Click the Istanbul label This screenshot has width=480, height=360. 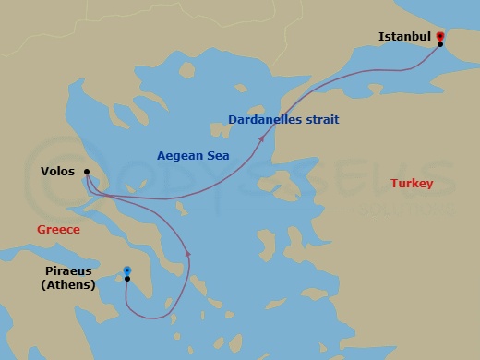(404, 37)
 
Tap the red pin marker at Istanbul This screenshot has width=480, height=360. (439, 36)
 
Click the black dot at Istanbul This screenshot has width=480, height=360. (440, 44)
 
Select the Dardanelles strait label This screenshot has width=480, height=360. (283, 119)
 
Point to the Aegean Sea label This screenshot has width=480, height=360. (193, 155)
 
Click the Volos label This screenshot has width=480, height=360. (58, 171)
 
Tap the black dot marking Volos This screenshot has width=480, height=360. (86, 171)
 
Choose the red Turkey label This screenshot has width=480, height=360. (411, 184)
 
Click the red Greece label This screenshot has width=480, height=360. (58, 229)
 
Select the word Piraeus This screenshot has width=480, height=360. (70, 271)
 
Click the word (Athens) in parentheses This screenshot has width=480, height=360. (70, 284)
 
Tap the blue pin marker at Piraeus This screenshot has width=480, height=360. (127, 270)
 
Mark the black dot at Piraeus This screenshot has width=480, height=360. (127, 279)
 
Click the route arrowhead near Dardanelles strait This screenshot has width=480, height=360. (263, 138)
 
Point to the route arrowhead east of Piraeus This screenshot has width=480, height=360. (188, 252)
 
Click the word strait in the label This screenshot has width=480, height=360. (320, 119)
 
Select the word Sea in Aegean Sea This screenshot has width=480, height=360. (217, 155)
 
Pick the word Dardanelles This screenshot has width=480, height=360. (264, 119)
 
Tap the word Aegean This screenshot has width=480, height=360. (180, 155)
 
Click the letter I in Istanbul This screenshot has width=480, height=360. (381, 37)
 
